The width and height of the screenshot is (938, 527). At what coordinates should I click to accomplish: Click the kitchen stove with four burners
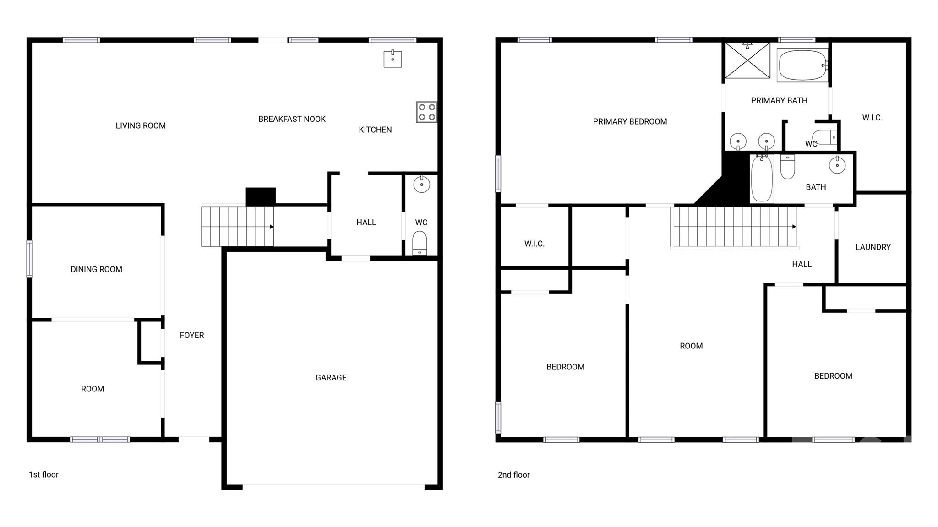(426, 112)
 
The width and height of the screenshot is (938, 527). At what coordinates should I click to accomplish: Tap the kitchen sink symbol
(393, 59)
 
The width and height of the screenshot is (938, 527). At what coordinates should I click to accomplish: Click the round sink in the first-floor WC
(421, 185)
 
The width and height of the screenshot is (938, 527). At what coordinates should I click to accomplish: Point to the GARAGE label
(331, 378)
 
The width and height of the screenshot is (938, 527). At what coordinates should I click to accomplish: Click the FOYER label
(191, 335)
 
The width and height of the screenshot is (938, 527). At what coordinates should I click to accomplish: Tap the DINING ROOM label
(96, 269)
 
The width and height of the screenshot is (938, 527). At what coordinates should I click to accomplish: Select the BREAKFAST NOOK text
(292, 119)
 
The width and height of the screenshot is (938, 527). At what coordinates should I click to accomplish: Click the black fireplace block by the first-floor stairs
(261, 196)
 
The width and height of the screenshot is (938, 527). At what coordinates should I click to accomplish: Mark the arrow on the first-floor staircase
(272, 227)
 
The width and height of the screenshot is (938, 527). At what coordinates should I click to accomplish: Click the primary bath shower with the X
(747, 60)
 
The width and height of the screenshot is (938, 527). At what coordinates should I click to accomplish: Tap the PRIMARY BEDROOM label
(630, 121)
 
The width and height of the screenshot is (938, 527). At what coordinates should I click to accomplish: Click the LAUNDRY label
(873, 247)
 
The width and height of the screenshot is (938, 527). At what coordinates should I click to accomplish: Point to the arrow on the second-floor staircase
(794, 227)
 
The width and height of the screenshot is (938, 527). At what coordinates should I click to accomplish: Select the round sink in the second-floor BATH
(837, 165)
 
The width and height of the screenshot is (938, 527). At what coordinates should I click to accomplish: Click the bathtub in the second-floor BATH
(762, 179)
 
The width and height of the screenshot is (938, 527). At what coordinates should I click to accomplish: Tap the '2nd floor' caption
(513, 475)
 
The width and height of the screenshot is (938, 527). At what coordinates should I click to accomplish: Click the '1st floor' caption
(44, 474)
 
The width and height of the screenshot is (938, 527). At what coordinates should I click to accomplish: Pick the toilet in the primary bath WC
(825, 137)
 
